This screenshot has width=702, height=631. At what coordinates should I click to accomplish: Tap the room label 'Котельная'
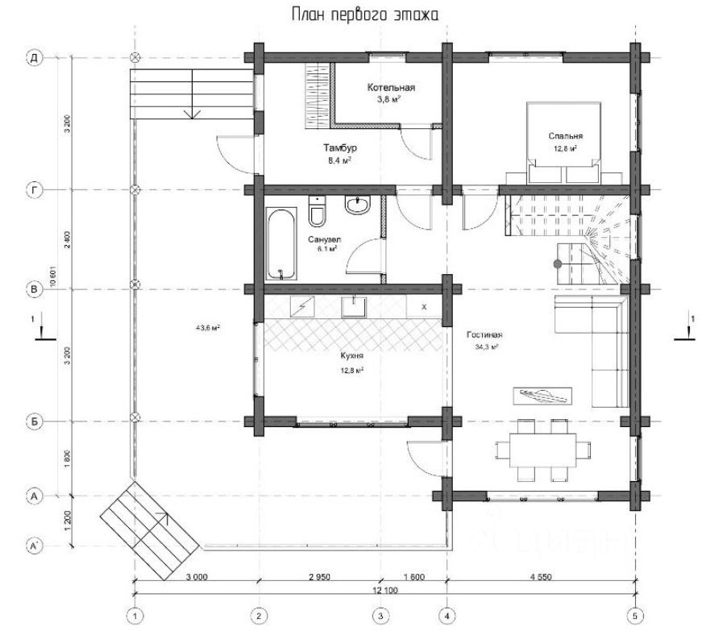[x=390, y=87]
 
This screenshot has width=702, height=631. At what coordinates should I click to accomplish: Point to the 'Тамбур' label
[x=340, y=148]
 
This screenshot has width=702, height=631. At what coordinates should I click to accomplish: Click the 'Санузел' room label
[x=324, y=239]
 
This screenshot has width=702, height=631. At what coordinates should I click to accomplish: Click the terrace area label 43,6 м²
[x=208, y=327]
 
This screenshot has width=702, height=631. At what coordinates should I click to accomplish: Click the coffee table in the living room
[x=542, y=395]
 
